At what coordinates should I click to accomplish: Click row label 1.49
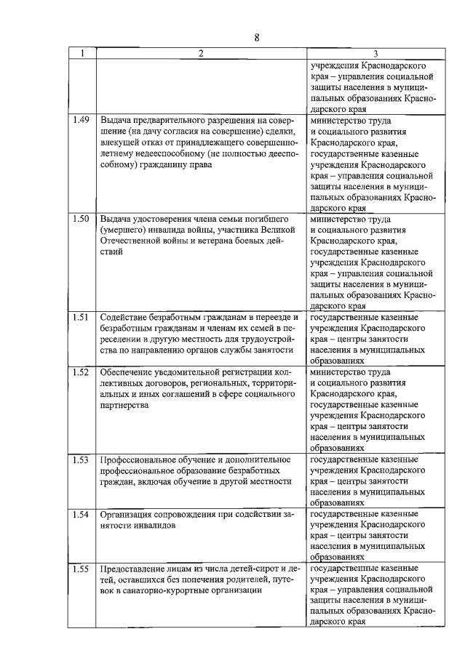pyautogui.click(x=82, y=119)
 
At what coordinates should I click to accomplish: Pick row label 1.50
pyautogui.click(x=82, y=218)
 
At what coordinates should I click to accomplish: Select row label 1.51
pyautogui.click(x=82, y=317)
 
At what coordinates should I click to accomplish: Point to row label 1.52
pyautogui.click(x=82, y=372)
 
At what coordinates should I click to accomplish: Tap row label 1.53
pyautogui.click(x=82, y=460)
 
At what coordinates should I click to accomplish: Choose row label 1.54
pyautogui.click(x=82, y=515)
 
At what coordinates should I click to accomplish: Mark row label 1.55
pyautogui.click(x=82, y=569)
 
